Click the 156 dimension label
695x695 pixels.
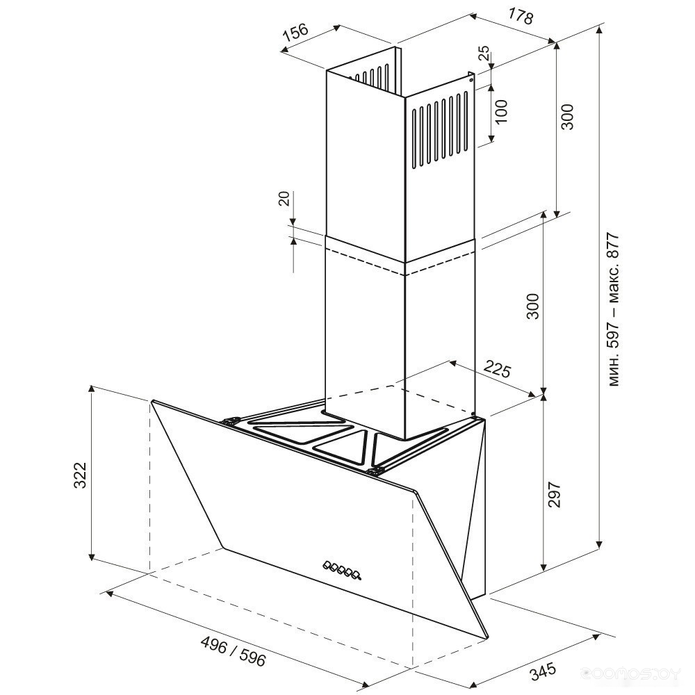tap(295, 33)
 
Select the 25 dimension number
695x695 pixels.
tap(484, 54)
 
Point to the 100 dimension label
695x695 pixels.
tap(500, 112)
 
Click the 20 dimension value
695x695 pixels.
tap(285, 198)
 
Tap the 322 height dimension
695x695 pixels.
tap(80, 475)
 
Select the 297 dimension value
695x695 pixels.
tap(555, 493)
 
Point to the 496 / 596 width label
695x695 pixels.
tap(233, 651)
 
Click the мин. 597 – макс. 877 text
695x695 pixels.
tap(613, 309)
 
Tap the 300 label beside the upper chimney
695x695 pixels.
tap(567, 117)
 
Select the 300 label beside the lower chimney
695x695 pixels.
tap(532, 306)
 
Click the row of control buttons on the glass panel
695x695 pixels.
tap(342, 570)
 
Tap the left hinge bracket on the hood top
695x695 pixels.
tap(231, 420)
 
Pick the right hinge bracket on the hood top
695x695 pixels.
tap(375, 471)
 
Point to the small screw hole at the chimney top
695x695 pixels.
tap(470, 80)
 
